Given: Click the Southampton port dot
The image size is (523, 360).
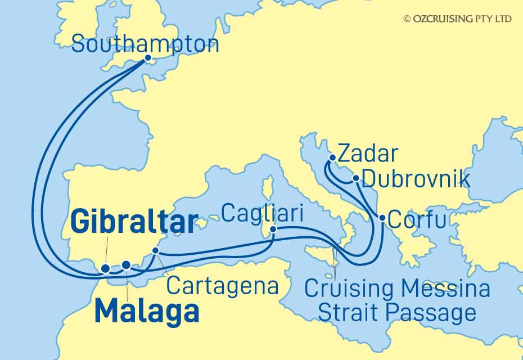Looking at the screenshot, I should click(148, 58).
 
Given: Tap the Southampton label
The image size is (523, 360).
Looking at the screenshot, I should click(145, 44).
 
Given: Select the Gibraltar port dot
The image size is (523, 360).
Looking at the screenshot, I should click(106, 269).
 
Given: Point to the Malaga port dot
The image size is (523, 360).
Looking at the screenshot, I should click(126, 264).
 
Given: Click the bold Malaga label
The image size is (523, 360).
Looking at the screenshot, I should click(147, 311).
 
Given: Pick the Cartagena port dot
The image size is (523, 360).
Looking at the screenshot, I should click(156, 251).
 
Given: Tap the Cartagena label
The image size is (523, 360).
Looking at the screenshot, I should click(223, 286).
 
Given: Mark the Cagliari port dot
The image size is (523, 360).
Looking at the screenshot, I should click(273, 229).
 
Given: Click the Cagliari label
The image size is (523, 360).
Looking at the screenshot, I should click(263, 214).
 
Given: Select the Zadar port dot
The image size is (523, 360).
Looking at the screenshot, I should click(333, 158).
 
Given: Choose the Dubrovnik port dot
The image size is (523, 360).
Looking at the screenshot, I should click(356, 179).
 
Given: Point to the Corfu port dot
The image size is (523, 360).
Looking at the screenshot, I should click(382, 218).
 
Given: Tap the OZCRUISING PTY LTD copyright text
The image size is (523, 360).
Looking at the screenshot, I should click(457, 19).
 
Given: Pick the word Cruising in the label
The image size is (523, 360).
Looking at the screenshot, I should click(349, 289).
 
